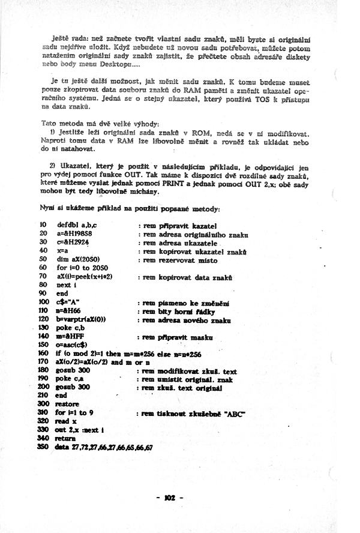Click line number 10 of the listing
click(x=43, y=223)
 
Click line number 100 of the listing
click(x=43, y=303)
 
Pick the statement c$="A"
click(x=68, y=303)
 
